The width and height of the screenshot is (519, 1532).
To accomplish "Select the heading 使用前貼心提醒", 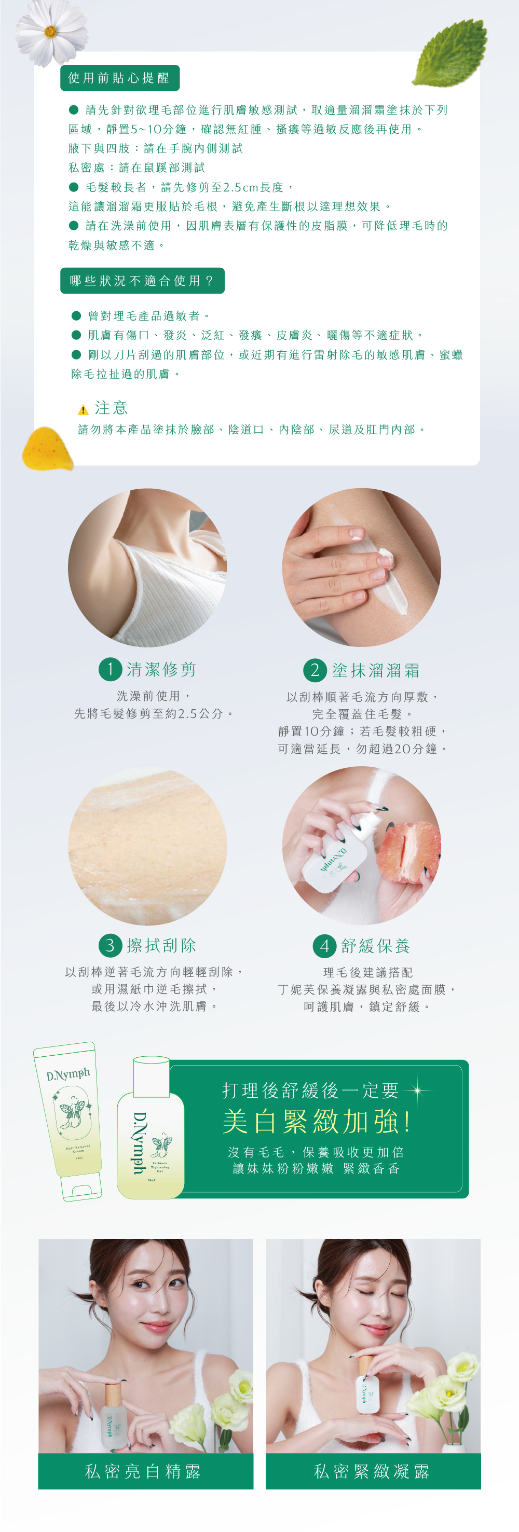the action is tap(119, 78).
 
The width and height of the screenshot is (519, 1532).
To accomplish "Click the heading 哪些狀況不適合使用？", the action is tap(142, 281).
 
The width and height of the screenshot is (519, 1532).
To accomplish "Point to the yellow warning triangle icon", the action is tap(84, 409).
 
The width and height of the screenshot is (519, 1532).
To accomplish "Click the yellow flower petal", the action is tap(47, 448).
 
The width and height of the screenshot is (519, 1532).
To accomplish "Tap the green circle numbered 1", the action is tap(110, 669).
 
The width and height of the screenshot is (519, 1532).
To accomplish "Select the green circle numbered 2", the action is tap(316, 670).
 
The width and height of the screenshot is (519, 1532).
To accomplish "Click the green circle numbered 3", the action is tap(110, 945).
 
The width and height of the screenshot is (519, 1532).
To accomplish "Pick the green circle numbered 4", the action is tap(324, 946).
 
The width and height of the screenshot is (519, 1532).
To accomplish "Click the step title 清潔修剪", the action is tap(161, 670).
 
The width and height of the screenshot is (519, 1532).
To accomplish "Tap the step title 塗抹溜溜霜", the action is tap(376, 670).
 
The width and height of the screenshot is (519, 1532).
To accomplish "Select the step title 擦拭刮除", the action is tap(161, 945).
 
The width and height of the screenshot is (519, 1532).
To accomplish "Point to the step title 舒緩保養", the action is tap(376, 946).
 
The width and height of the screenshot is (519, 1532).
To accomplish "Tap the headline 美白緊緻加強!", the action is tap(317, 1122).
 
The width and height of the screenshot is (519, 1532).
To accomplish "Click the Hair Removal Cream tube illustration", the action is tap(69, 1122).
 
